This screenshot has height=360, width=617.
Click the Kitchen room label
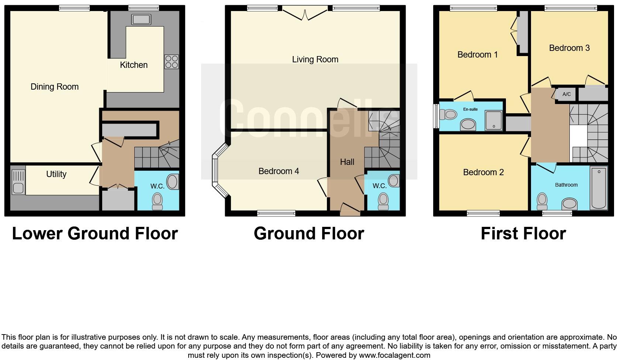tap(134, 65)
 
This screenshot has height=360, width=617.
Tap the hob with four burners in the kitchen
tap(171, 62)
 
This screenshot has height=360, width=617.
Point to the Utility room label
tap(56, 174)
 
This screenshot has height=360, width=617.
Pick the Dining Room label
tap(55, 87)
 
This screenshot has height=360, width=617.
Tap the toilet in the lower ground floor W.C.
tap(158, 201)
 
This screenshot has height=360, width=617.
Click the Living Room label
tap(315, 59)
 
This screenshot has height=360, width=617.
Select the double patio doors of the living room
tap(305, 14)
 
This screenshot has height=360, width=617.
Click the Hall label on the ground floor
tap(347, 162)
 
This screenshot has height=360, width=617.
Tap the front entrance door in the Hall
tap(350, 210)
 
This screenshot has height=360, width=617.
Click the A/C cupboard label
tap(566, 94)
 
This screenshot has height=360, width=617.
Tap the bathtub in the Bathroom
tap(599, 188)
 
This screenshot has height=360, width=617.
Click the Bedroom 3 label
tap(569, 48)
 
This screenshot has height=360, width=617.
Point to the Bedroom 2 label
tap(483, 172)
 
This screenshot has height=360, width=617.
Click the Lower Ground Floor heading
tap(95, 233)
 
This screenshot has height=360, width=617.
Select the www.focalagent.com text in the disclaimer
tap(394, 356)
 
